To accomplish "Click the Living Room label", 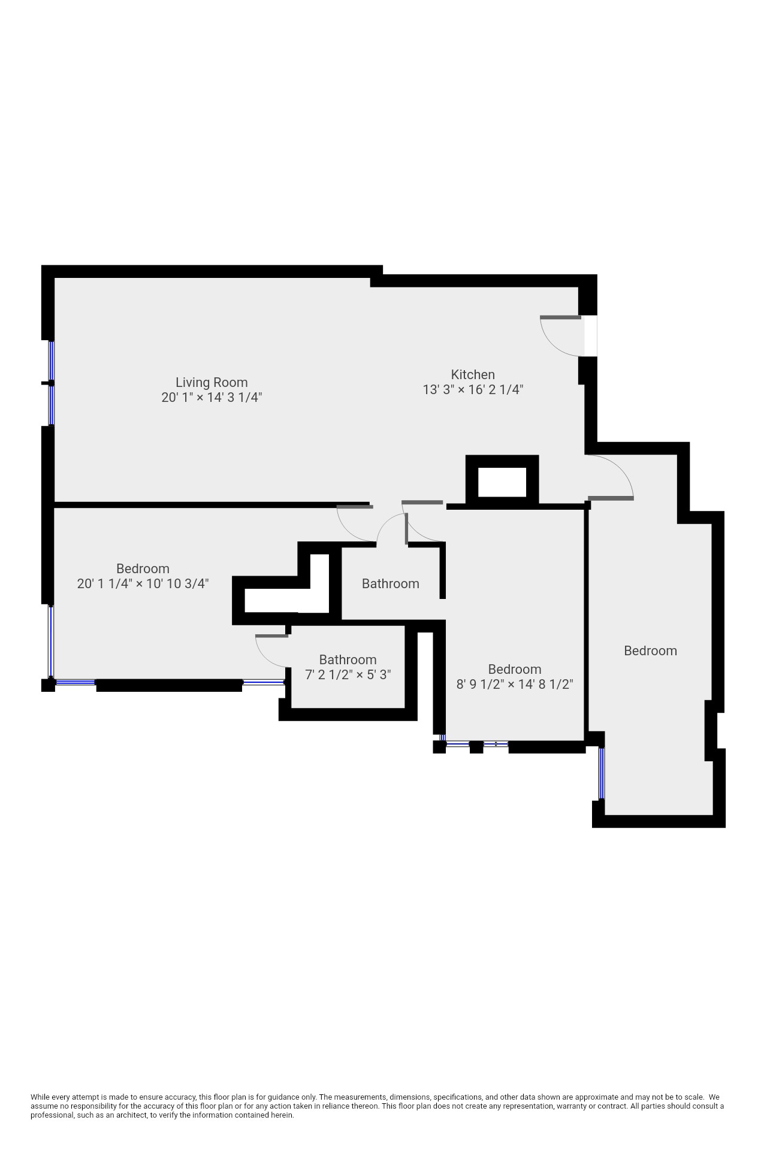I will [x=211, y=382].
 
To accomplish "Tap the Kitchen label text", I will [x=472, y=374].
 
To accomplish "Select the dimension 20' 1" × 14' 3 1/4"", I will [x=211, y=397].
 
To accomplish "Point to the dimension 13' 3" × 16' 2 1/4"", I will [x=472, y=389].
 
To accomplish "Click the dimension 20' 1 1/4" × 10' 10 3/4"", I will [x=143, y=583].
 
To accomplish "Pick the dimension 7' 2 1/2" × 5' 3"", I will [x=348, y=674].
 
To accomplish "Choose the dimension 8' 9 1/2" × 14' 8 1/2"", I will [x=514, y=684].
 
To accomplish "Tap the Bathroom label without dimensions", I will [x=390, y=583].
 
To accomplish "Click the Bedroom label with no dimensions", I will [x=650, y=650].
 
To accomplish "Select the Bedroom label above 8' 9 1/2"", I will [x=514, y=669].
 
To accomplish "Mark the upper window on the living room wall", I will [x=52, y=361].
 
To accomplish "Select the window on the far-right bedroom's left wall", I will [x=602, y=773].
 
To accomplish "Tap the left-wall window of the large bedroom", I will [x=51, y=641].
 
